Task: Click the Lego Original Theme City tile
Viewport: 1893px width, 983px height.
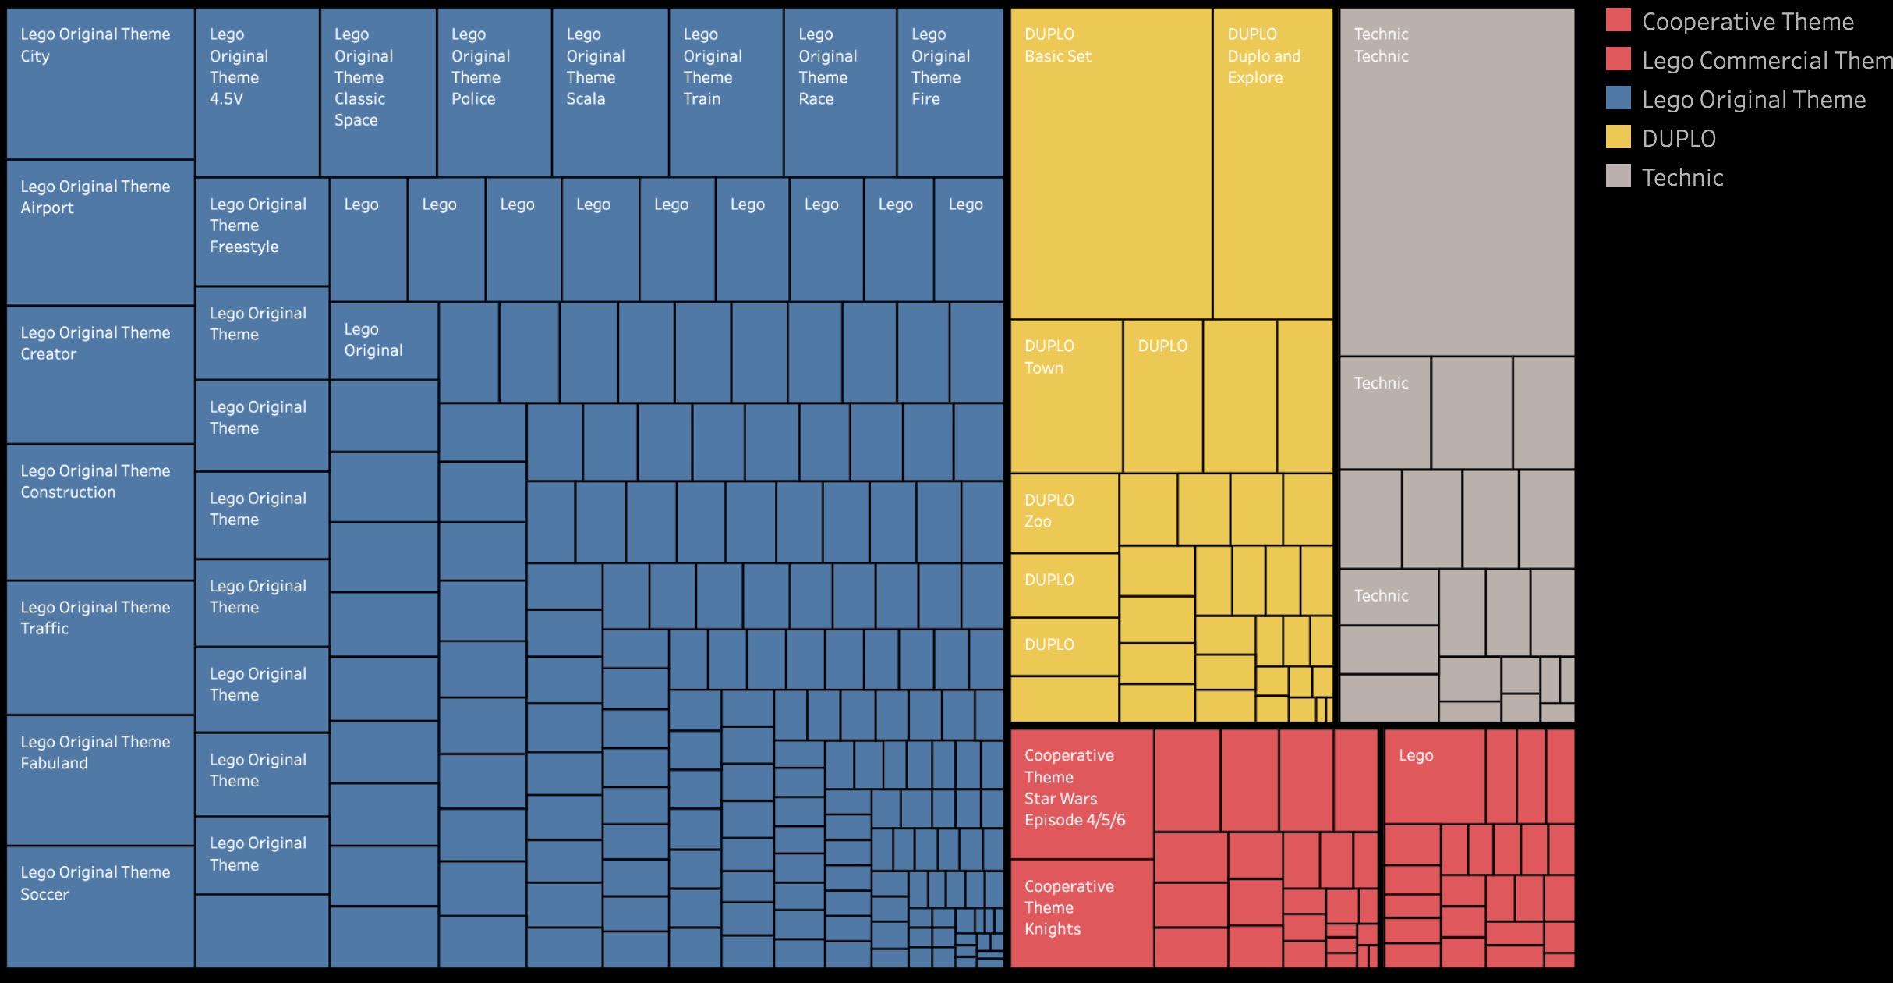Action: pyautogui.click(x=100, y=83)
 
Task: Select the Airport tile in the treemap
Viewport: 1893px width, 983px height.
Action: pyautogui.click(x=100, y=232)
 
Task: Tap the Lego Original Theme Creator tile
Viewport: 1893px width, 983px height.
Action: pyautogui.click(x=100, y=374)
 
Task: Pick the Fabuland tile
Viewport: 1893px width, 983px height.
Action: pyautogui.click(x=100, y=780)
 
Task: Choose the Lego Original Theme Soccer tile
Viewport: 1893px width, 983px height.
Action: pyautogui.click(x=100, y=907)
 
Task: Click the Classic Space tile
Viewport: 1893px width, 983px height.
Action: pyautogui.click(x=378, y=92)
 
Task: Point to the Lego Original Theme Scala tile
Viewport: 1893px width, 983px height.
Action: pyautogui.click(x=610, y=92)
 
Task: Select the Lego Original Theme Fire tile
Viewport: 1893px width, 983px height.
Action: pyautogui.click(x=950, y=92)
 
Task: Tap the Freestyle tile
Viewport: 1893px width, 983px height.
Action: pyautogui.click(x=262, y=232)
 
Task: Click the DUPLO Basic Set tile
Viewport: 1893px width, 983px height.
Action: pyautogui.click(x=1111, y=164)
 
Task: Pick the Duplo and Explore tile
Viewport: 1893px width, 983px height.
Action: pyautogui.click(x=1272, y=164)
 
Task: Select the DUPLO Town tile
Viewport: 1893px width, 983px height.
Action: pyautogui.click(x=1066, y=396)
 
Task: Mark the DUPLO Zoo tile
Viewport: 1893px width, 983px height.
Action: pyautogui.click(x=1064, y=513)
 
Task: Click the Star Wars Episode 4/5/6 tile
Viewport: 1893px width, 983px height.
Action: pyautogui.click(x=1081, y=793)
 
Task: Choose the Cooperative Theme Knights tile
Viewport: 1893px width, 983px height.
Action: pyautogui.click(x=1081, y=913)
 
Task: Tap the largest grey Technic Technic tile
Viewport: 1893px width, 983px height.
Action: pyautogui.click(x=1456, y=182)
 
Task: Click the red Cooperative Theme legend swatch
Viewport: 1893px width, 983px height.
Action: pyautogui.click(x=1618, y=20)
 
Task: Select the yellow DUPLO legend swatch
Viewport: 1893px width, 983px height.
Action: pyautogui.click(x=1618, y=137)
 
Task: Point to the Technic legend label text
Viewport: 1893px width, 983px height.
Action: pyautogui.click(x=1682, y=178)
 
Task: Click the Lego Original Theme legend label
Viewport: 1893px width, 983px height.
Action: pyautogui.click(x=1753, y=100)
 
